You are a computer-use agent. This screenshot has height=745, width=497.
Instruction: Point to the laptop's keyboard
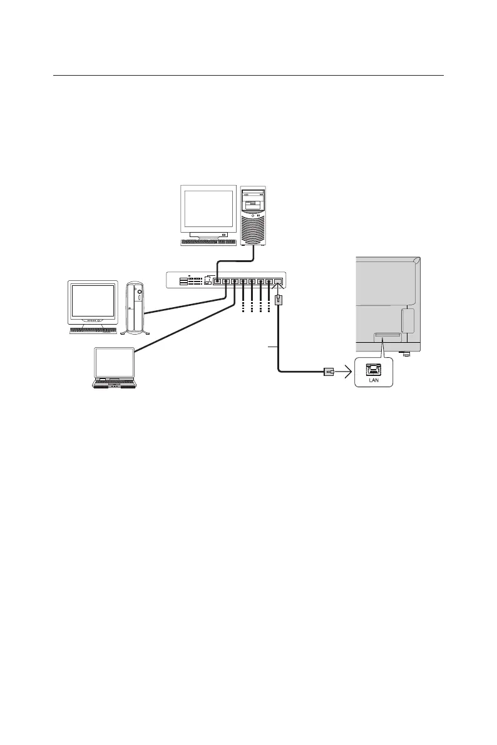[114, 382]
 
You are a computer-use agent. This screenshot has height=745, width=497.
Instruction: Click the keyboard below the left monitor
[93, 330]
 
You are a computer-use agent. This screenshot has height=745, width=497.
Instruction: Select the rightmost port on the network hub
[279, 281]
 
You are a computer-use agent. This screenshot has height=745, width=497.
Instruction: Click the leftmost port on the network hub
[217, 281]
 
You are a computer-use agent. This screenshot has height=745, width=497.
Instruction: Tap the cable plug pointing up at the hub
[279, 300]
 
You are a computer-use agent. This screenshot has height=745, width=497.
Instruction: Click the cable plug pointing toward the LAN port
[327, 372]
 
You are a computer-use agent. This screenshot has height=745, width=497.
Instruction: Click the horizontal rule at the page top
[248, 76]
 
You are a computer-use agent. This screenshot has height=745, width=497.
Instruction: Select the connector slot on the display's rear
[387, 337]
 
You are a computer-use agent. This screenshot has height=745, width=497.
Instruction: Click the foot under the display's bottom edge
[406, 355]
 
